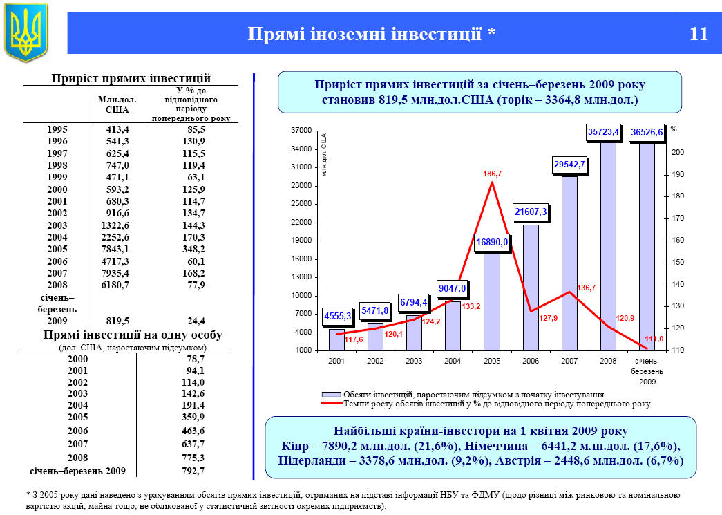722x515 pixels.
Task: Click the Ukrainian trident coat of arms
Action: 26,31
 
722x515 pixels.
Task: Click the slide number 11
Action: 699,34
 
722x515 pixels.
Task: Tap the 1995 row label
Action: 57,129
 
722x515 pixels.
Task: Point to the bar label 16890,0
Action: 492,242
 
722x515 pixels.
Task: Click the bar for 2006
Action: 531,287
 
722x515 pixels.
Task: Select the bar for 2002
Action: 375,336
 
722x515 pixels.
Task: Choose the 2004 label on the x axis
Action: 453,362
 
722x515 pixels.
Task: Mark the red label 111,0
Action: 654,339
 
